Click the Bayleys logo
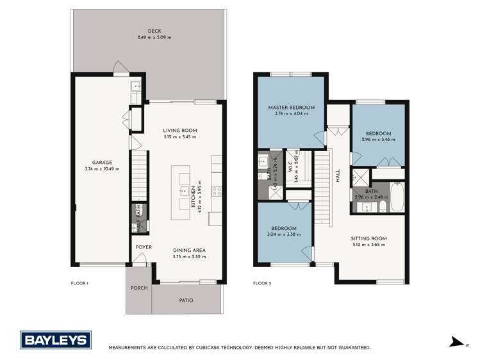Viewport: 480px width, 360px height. click(x=56, y=340)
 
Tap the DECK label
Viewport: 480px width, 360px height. click(x=154, y=31)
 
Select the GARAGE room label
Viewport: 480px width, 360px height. click(x=102, y=162)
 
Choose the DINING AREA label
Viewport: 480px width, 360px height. click(x=189, y=250)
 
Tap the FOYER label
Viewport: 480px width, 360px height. click(x=142, y=247)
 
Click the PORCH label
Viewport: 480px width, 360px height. click(x=139, y=288)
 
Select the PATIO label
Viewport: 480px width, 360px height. click(x=186, y=300)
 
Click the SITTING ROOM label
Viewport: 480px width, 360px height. click(x=370, y=238)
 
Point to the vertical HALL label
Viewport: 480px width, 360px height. click(x=337, y=175)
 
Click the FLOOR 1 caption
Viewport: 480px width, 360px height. click(x=80, y=282)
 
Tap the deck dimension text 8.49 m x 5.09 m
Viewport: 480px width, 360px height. click(x=154, y=38)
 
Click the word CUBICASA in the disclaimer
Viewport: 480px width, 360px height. click(x=220, y=347)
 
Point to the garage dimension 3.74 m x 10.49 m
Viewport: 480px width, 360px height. click(x=102, y=169)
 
